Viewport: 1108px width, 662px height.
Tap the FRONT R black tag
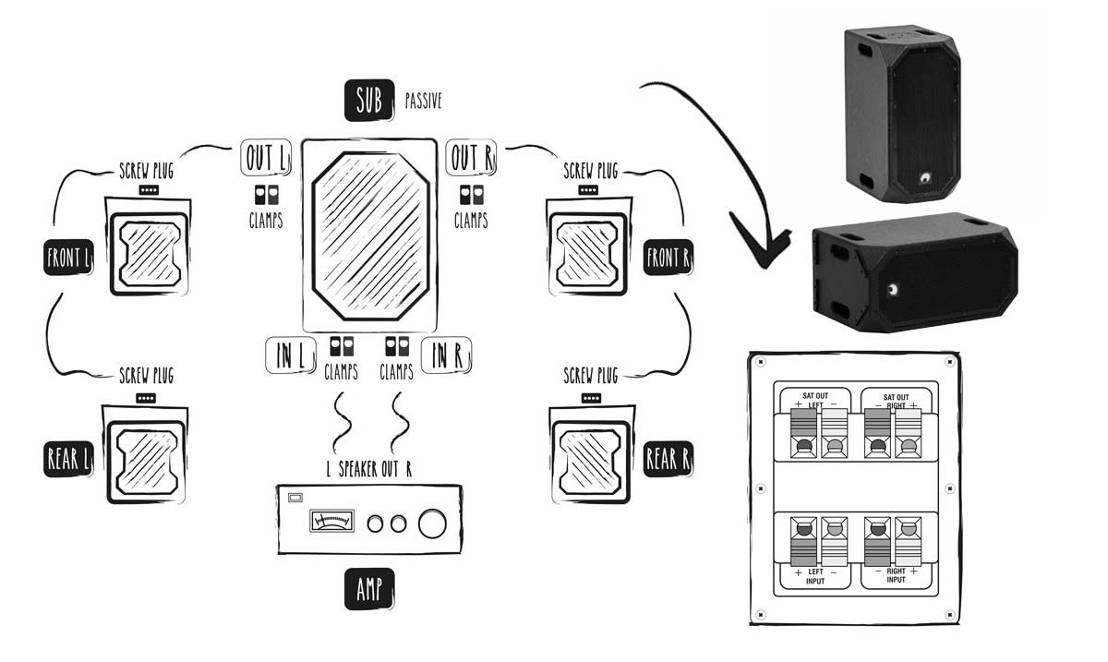[x=668, y=258]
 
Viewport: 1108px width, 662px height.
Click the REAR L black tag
[x=68, y=459]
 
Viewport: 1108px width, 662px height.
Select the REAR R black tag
[x=668, y=459]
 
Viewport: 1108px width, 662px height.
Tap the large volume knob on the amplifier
[x=431, y=524]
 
